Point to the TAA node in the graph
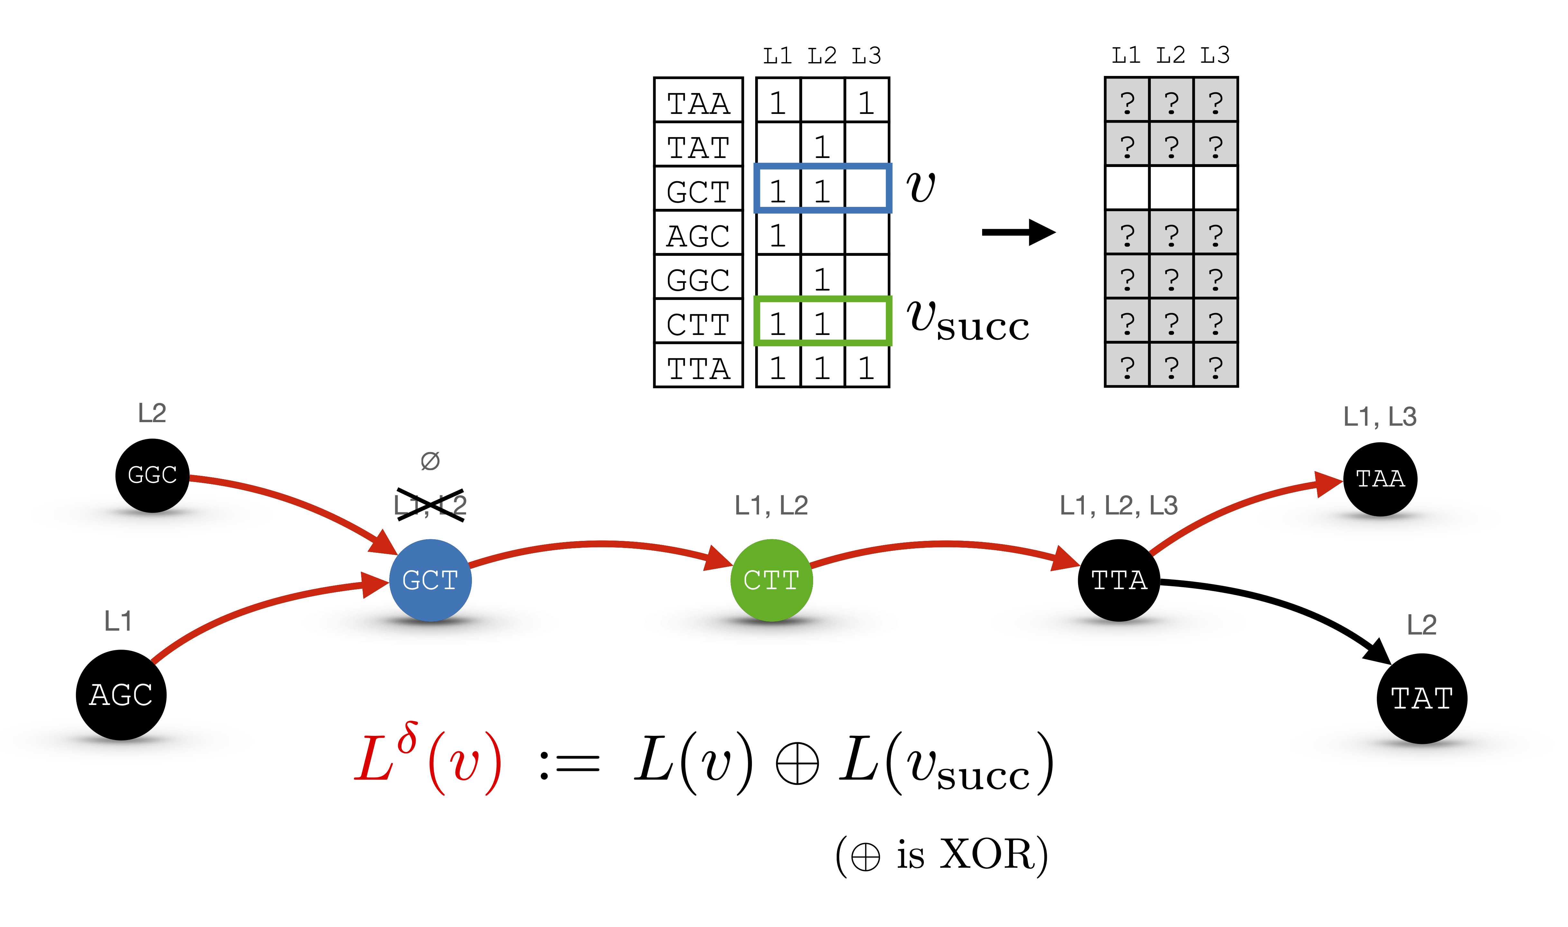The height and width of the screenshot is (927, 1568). click(1380, 479)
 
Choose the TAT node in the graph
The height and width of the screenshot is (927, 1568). click(1422, 698)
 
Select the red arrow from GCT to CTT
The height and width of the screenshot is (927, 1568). click(600, 545)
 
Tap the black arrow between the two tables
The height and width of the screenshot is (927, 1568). click(1019, 232)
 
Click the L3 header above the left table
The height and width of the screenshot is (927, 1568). click(866, 56)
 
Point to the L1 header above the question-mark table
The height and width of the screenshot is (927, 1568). click(1126, 56)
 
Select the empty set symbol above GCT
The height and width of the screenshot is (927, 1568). click(430, 461)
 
